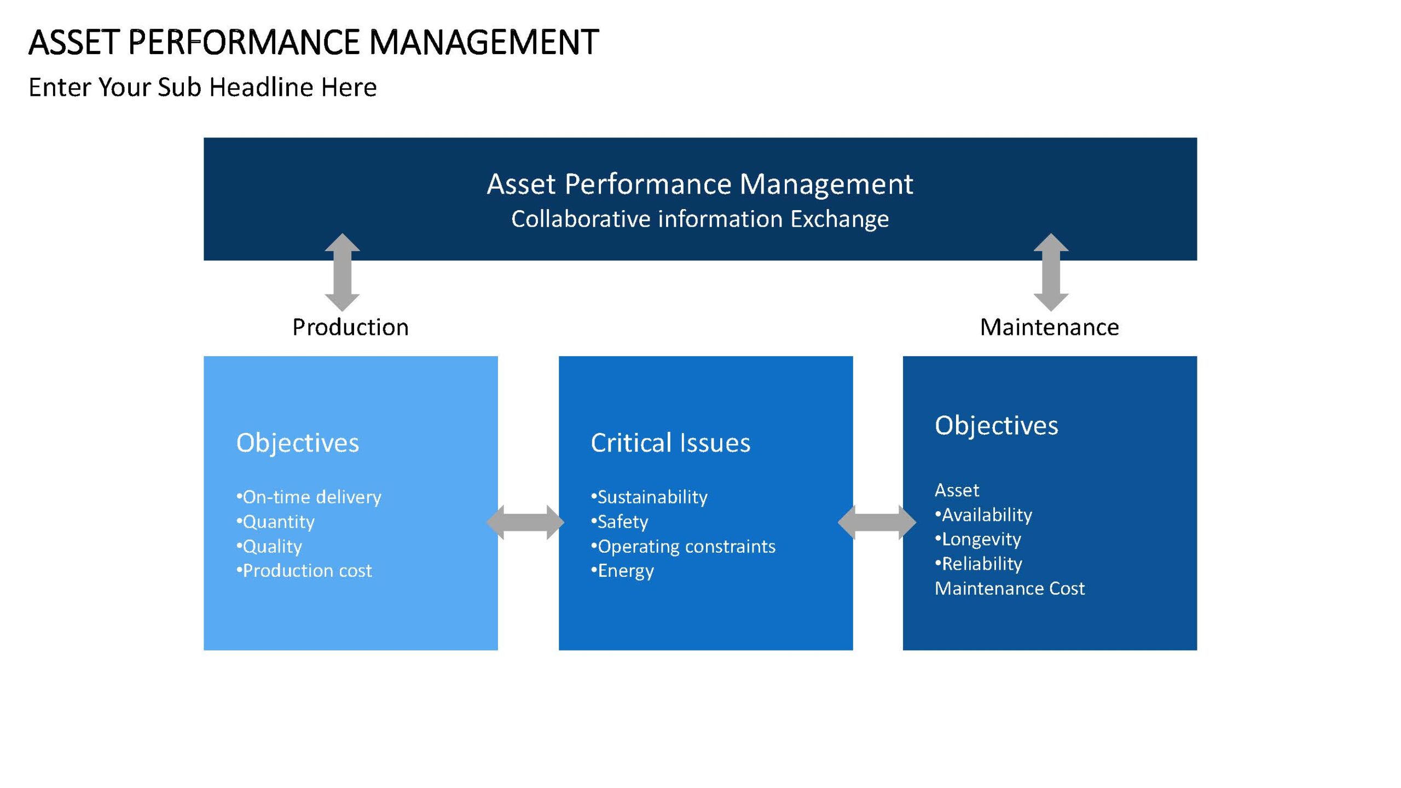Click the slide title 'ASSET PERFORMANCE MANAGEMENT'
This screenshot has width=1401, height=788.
[314, 42]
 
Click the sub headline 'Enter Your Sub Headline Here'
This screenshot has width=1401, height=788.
[202, 87]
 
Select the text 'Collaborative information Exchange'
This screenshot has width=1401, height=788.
[700, 219]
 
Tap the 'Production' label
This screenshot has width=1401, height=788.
[350, 327]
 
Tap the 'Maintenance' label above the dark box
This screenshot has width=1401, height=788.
[1049, 327]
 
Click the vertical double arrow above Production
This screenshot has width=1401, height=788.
[342, 272]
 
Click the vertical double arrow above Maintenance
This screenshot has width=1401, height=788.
[1051, 272]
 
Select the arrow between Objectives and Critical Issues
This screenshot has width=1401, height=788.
[525, 522]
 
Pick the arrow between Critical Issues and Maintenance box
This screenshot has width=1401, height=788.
[877, 522]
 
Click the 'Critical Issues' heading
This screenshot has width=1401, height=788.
[670, 443]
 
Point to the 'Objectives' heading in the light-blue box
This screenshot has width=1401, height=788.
[297, 443]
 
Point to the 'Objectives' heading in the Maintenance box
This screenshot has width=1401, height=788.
[996, 426]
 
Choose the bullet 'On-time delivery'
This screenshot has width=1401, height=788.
[309, 497]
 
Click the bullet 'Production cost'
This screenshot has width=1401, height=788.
[304, 571]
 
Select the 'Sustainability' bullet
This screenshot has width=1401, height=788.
[649, 497]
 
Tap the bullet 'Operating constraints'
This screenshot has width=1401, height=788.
[683, 546]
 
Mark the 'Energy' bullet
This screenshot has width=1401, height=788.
[622, 571]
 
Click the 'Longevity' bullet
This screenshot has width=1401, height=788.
[978, 539]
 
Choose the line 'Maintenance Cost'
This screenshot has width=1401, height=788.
[1009, 588]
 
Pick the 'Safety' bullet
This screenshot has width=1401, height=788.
[620, 522]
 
